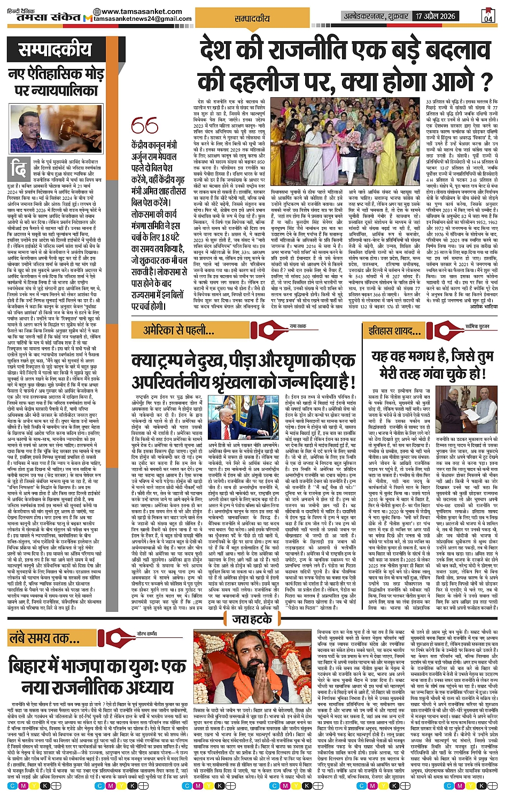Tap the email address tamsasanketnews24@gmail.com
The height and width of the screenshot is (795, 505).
pos(143,19)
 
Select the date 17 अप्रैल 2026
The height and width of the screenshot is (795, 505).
pos(436,16)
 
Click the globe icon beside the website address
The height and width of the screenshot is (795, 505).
pos(96,12)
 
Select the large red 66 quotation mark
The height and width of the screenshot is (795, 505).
pos(144,127)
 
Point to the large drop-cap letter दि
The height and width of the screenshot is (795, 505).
pos(20,170)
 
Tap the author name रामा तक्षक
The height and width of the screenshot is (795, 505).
pos(298,326)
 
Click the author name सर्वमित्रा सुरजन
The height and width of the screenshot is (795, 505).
pos(477,326)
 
